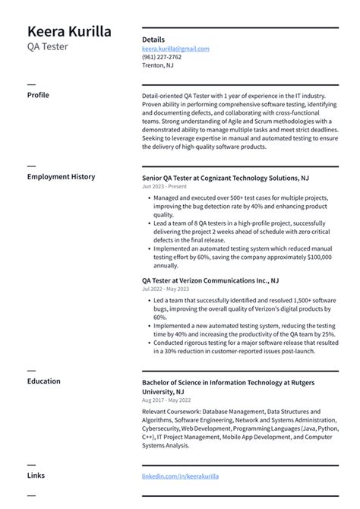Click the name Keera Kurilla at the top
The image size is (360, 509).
tap(69, 31)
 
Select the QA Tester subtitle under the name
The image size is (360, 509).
tap(48, 46)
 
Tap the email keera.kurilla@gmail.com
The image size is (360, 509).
tap(175, 49)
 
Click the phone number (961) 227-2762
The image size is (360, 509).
tap(162, 57)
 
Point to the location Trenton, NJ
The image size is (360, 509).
tap(157, 65)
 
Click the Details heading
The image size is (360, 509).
tap(153, 39)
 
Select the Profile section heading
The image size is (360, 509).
tap(38, 95)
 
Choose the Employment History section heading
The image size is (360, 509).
tap(61, 176)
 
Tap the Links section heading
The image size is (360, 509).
tap(36, 476)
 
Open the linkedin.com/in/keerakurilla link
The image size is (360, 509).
tap(180, 476)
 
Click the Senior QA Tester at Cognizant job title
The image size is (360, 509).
tap(225, 177)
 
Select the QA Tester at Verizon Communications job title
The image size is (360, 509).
tap(210, 280)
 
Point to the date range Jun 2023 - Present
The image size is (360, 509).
tap(163, 186)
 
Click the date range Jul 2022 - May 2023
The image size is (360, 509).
tap(166, 289)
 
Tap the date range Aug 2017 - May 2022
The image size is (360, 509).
tap(166, 400)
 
